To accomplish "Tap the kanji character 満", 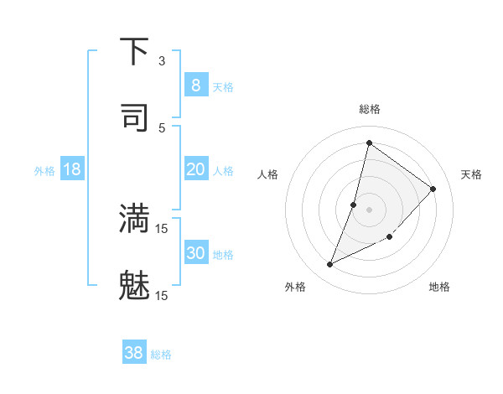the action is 134,218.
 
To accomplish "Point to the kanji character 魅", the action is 134,285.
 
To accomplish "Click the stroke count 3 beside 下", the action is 162,60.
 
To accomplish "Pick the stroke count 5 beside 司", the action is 162,127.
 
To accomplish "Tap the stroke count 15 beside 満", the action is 162,228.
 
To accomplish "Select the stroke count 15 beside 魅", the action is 162,295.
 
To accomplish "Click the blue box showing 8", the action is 195,85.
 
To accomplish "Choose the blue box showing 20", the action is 195,169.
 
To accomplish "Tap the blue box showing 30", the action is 195,253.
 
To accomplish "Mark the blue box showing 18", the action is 71,169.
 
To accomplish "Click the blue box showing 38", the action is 133,353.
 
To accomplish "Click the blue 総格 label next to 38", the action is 161,355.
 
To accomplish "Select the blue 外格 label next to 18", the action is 44,171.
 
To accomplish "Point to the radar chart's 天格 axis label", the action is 471,174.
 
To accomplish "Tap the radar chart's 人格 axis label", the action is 267,174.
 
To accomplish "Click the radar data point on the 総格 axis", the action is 369,143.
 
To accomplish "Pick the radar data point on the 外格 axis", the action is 330,265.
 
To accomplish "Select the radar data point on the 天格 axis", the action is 433,189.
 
